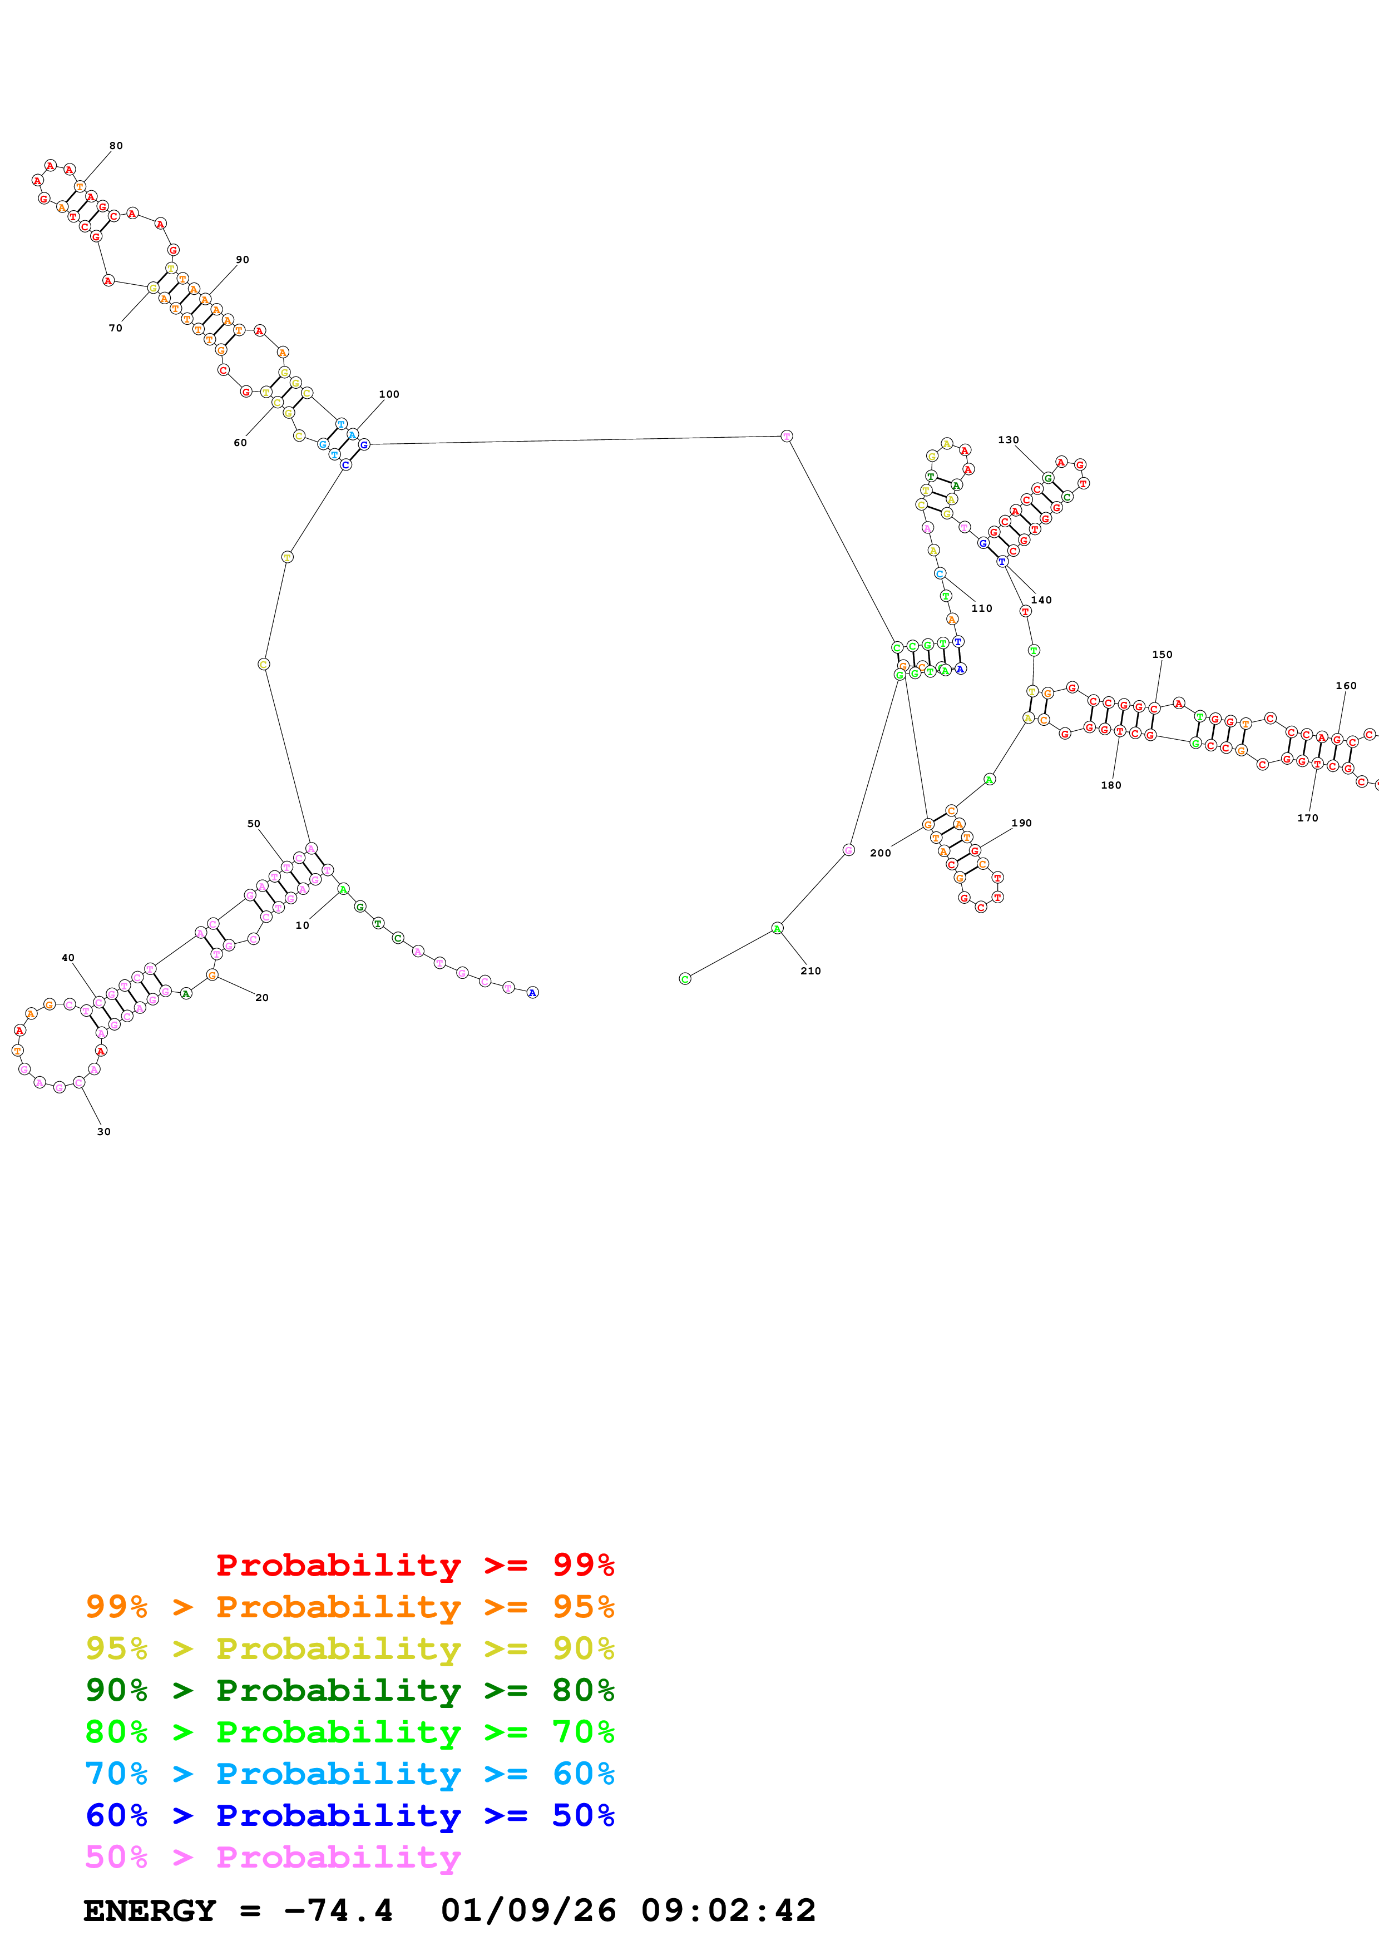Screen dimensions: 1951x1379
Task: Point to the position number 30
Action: tap(103, 1132)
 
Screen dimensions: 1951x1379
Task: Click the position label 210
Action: tap(810, 971)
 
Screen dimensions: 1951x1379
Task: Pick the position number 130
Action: tap(1008, 440)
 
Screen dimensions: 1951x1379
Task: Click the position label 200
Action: tap(880, 853)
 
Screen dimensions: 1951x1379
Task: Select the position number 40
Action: tap(68, 958)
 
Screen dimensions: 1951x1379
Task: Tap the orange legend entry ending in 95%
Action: tap(349, 1607)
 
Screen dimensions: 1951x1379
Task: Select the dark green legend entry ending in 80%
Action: tap(349, 1690)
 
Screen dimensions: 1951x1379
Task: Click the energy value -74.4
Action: tap(338, 1910)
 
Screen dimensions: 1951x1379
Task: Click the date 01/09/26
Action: tap(528, 1910)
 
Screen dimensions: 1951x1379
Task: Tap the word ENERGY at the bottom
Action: tap(150, 1910)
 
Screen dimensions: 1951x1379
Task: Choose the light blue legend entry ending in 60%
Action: tap(349, 1774)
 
